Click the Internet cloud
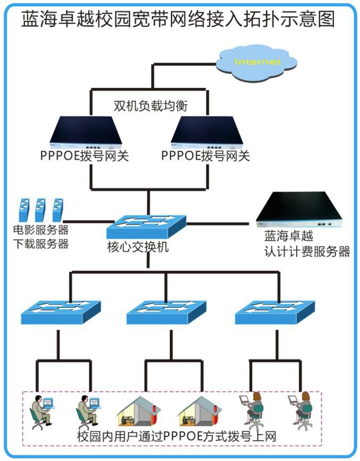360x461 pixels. pyautogui.click(x=259, y=63)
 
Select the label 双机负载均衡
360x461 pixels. pyautogui.click(x=151, y=105)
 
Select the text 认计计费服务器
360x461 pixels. pyautogui.click(x=307, y=251)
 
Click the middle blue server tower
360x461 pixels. pyautogui.click(x=40, y=210)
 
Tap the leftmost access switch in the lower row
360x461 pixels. pyautogui.click(x=58, y=312)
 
